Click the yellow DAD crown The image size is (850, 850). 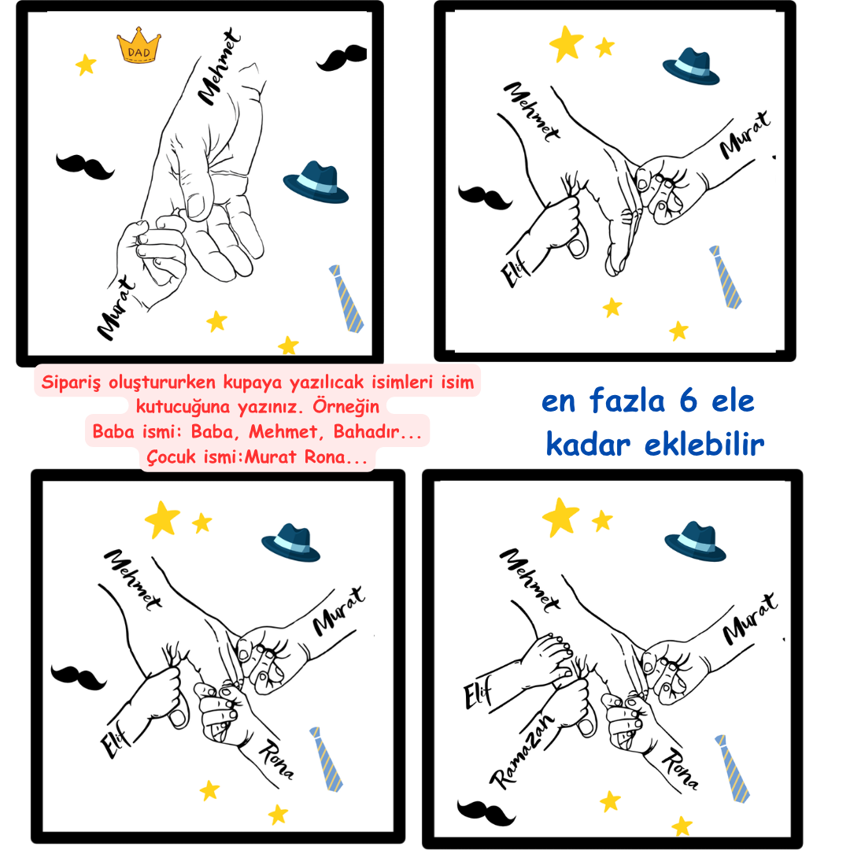coord(139,46)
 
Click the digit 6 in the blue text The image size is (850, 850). coord(688,401)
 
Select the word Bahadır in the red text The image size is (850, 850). coord(366,431)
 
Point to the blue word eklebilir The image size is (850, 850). coord(704,445)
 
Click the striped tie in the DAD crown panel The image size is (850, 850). coord(346,298)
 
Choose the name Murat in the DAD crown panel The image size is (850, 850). coord(116,308)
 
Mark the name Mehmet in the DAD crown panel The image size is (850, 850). coord(219,66)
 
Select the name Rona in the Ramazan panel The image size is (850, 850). coord(680,768)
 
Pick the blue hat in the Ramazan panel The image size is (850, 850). coord(695,541)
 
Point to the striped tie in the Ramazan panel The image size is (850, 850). coord(732,768)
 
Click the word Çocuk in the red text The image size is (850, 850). coord(172,457)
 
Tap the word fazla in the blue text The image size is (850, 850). coord(626,401)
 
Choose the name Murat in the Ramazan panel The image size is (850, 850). coord(750,619)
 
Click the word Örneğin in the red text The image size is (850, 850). coord(346,407)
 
